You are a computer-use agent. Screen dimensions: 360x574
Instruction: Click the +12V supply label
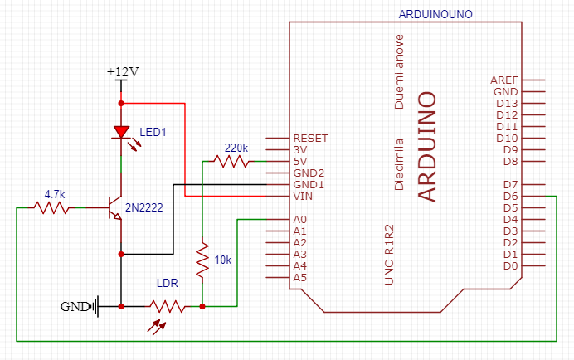point(122,72)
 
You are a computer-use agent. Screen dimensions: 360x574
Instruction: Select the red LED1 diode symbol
point(122,131)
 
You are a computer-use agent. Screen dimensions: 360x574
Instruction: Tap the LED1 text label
point(153,132)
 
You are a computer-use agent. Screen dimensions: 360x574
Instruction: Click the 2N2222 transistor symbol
point(114,208)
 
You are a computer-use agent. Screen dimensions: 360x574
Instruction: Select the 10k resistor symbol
point(202,260)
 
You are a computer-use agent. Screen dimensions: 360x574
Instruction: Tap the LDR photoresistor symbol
point(168,306)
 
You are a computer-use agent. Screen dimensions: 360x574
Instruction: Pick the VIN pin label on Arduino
point(304,196)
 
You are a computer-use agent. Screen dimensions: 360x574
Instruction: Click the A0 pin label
point(301,219)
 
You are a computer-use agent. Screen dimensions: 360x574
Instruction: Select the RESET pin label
point(310,138)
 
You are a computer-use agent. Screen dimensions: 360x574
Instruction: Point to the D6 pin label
point(510,196)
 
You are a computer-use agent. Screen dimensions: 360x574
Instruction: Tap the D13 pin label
point(507,103)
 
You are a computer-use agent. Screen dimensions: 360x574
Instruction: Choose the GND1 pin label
point(309,184)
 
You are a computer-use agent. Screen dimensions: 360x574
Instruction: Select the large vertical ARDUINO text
point(426,144)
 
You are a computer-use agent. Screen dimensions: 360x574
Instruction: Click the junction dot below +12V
point(122,103)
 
